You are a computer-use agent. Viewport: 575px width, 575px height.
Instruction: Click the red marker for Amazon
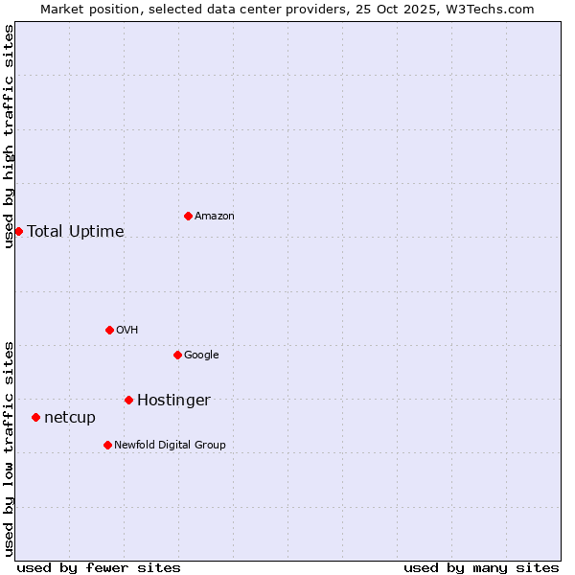coord(188,216)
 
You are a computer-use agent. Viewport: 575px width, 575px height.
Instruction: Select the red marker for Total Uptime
coord(18,231)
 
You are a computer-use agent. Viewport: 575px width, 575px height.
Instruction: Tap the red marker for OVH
coord(109,330)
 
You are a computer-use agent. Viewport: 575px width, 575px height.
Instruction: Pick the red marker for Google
coord(177,355)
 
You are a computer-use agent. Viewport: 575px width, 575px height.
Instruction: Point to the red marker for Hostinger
coord(128,400)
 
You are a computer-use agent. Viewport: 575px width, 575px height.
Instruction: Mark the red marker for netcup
coord(35,417)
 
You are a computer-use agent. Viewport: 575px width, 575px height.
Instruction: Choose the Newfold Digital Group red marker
coord(107,445)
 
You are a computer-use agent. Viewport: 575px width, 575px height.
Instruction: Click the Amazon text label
coord(215,217)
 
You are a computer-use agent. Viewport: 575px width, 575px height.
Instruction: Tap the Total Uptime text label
coord(76,232)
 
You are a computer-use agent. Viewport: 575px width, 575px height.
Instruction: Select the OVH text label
coord(127,331)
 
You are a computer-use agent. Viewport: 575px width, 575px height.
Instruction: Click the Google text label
coord(201,356)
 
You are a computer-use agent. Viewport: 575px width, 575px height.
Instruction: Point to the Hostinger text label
coord(173,401)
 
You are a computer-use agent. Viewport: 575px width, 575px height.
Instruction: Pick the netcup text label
coord(70,418)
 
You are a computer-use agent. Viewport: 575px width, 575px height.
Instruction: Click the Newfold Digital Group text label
coord(170,446)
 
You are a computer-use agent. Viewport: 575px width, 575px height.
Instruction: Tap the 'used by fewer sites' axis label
coord(99,567)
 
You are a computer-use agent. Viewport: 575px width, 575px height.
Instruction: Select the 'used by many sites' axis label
coord(481,567)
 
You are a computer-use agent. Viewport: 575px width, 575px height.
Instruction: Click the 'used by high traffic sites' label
coord(9,136)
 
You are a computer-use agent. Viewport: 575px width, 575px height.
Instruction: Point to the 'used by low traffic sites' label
coord(9,448)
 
